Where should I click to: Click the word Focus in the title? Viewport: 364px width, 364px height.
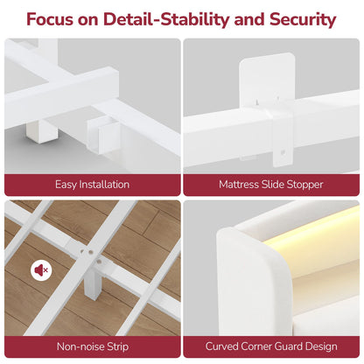pyautogui.click(x=50, y=19)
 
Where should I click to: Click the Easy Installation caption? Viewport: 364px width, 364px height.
pyautogui.click(x=92, y=185)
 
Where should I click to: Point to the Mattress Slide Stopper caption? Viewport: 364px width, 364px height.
pyautogui.click(x=271, y=185)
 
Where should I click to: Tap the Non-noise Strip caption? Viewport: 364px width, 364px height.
pyautogui.click(x=93, y=346)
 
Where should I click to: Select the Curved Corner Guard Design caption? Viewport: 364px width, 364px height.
pyautogui.click(x=271, y=346)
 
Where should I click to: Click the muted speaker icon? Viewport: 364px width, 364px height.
pyautogui.click(x=41, y=270)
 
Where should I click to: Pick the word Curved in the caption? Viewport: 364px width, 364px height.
pyautogui.click(x=220, y=346)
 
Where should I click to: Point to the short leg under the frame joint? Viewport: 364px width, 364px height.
pyautogui.click(x=42, y=132)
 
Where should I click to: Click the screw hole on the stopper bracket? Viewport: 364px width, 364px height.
pyautogui.click(x=283, y=152)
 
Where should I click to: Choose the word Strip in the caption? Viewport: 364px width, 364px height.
pyautogui.click(x=118, y=346)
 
